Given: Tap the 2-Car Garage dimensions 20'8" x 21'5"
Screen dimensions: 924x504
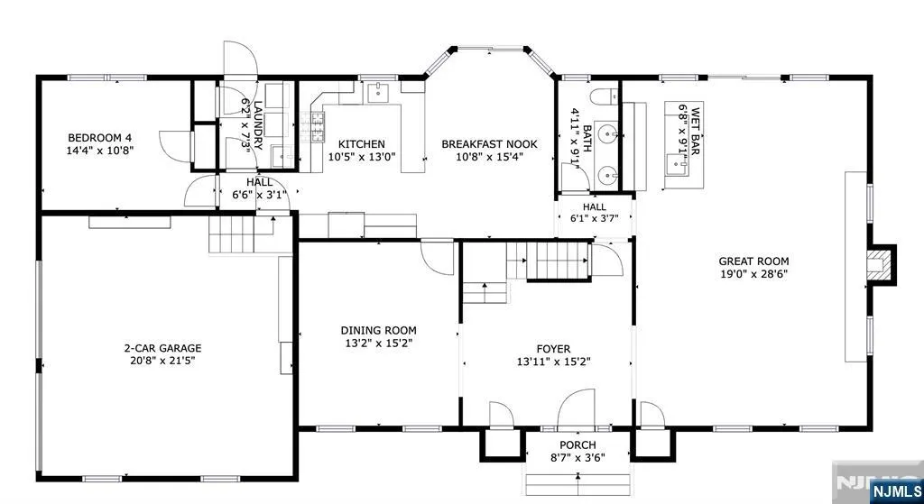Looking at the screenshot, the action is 162,361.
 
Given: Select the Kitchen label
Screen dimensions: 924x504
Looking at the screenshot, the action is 362,144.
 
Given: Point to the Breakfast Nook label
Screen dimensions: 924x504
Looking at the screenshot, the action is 490,144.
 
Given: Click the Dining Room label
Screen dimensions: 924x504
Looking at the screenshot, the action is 378,330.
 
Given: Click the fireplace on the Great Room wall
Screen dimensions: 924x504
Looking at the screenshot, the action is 881,265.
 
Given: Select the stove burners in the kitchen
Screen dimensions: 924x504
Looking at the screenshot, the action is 312,126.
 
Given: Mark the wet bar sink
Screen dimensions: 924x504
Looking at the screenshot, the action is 677,166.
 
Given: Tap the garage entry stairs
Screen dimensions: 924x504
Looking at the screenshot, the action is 242,234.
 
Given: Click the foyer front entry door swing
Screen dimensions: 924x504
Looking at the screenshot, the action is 577,408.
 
